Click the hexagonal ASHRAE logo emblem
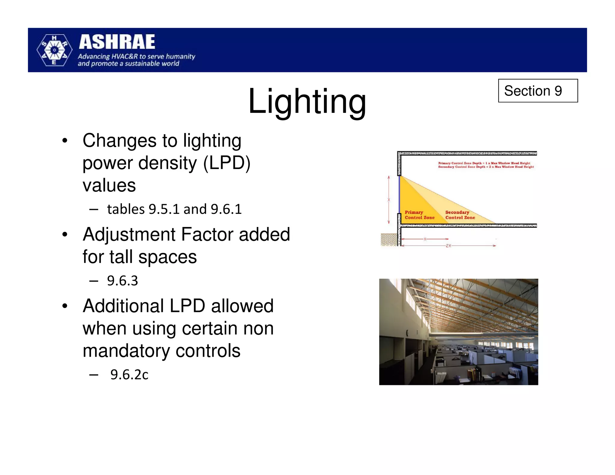(54, 50)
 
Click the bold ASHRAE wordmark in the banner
(117, 42)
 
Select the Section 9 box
(538, 91)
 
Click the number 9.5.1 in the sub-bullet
(164, 209)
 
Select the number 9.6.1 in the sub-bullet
(226, 209)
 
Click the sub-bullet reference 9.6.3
(123, 281)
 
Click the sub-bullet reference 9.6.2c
(129, 375)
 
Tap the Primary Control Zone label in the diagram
(420, 215)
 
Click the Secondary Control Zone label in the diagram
(460, 215)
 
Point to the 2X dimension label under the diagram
(448, 246)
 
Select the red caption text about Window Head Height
(485, 165)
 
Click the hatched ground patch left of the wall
(389, 240)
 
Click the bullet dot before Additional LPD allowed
(65, 306)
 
